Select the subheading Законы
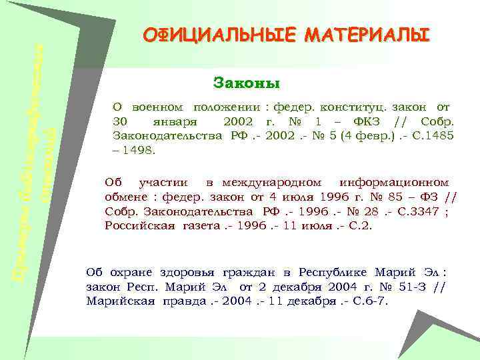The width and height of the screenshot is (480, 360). pos(246,83)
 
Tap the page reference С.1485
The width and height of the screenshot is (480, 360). pos(435,136)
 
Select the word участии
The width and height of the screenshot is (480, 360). pos(167,183)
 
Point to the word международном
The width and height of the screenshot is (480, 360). pos(272,183)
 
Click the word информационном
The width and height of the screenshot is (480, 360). pos(394,183)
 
